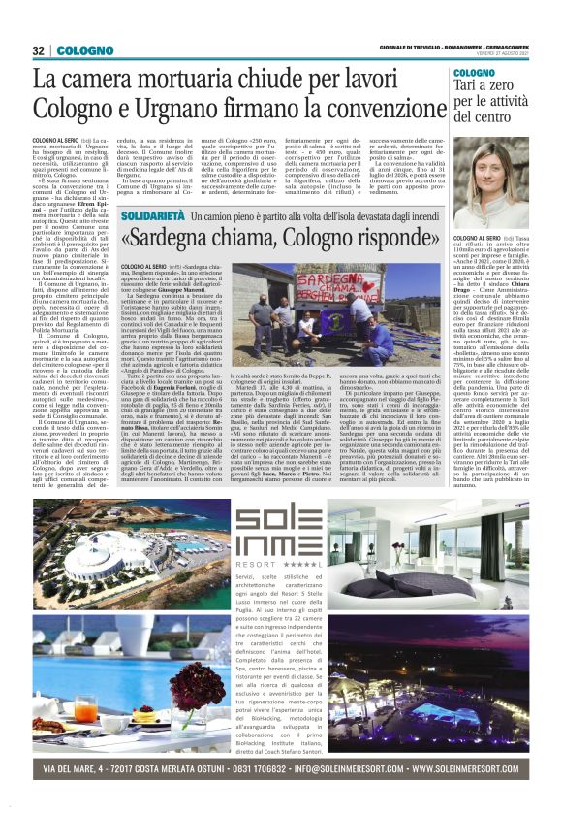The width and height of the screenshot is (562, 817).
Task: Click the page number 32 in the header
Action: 40,50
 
